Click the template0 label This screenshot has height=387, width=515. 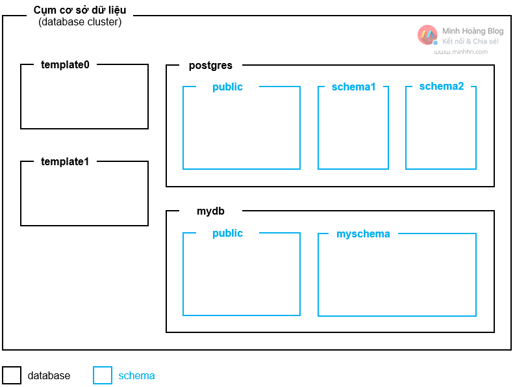65,64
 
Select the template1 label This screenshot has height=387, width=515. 65,161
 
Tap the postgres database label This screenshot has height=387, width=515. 210,66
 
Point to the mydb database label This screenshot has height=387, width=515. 210,211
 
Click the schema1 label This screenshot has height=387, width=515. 353,87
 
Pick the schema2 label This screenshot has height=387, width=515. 442,87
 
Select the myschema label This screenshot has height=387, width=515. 363,234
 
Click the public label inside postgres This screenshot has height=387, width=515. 227,87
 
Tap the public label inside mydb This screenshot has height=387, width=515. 227,234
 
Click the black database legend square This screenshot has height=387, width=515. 12,375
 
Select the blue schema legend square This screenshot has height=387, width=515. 103,375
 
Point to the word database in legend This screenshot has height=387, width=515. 49,376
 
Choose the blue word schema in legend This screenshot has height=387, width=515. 136,376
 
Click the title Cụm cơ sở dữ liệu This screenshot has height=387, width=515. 80,10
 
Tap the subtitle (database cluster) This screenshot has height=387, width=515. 80,22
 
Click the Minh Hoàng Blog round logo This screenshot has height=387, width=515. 427,34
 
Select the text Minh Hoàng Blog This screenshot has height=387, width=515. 473,31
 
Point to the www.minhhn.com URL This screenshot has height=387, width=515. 460,52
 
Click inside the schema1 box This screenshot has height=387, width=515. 353,130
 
